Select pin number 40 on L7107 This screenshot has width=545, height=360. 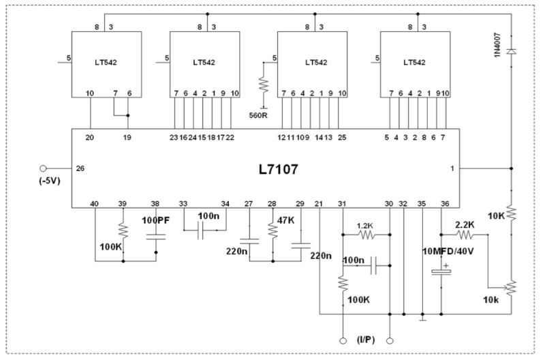pos(95,203)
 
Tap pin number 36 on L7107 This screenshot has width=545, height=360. pos(446,203)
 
